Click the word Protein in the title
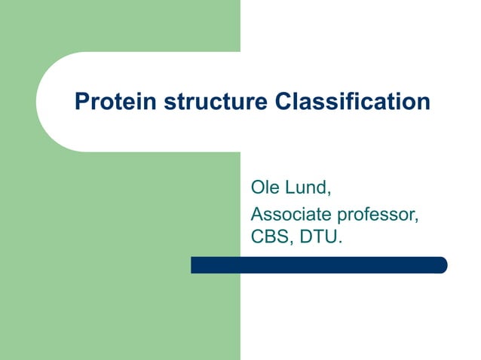point(109,102)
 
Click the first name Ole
point(264,188)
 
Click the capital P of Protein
point(81,102)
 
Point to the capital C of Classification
point(283,102)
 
